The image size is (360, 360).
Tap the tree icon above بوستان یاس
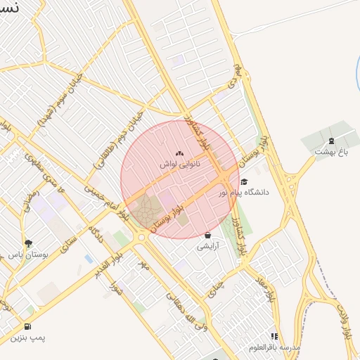click(29, 243)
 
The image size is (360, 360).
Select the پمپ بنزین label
click(27, 337)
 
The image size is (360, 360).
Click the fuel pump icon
click(27, 326)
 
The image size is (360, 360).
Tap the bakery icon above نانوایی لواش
click(179, 153)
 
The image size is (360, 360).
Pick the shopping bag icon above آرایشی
click(207, 236)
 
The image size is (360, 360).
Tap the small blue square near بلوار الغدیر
click(89, 258)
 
